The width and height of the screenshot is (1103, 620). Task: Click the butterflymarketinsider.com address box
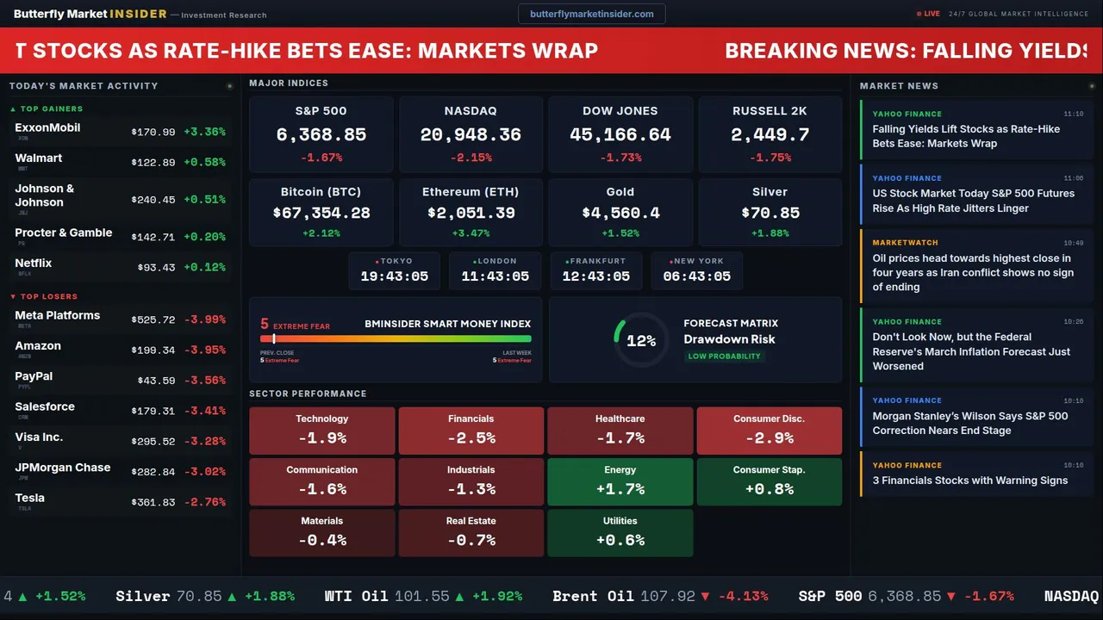pos(591,14)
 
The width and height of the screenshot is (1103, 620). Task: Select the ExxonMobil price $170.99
pos(153,133)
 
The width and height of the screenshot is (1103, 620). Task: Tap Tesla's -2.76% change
pos(205,502)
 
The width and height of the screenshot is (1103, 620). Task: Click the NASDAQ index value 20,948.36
pos(470,135)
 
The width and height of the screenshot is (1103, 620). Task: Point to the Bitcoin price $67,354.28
pos(321,213)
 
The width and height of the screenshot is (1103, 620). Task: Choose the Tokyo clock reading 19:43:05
pos(395,276)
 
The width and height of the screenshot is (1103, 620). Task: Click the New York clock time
pos(696,276)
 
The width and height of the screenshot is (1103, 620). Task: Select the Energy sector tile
pos(620,481)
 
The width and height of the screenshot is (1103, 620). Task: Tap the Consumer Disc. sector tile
pos(769,431)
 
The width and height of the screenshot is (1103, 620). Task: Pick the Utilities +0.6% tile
pos(620,532)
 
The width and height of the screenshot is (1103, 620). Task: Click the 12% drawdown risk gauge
pos(640,341)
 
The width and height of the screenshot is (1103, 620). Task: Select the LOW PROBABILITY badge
pos(724,356)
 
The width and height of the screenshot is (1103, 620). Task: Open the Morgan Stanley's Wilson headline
pos(969,423)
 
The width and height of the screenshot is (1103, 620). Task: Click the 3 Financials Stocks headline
pos(969,480)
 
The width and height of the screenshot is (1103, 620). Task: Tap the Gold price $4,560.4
pos(620,213)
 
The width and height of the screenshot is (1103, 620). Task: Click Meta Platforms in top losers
pos(58,316)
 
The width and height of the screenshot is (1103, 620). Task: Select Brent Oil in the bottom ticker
pos(593,596)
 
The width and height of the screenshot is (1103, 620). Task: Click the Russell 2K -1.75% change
pos(770,158)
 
